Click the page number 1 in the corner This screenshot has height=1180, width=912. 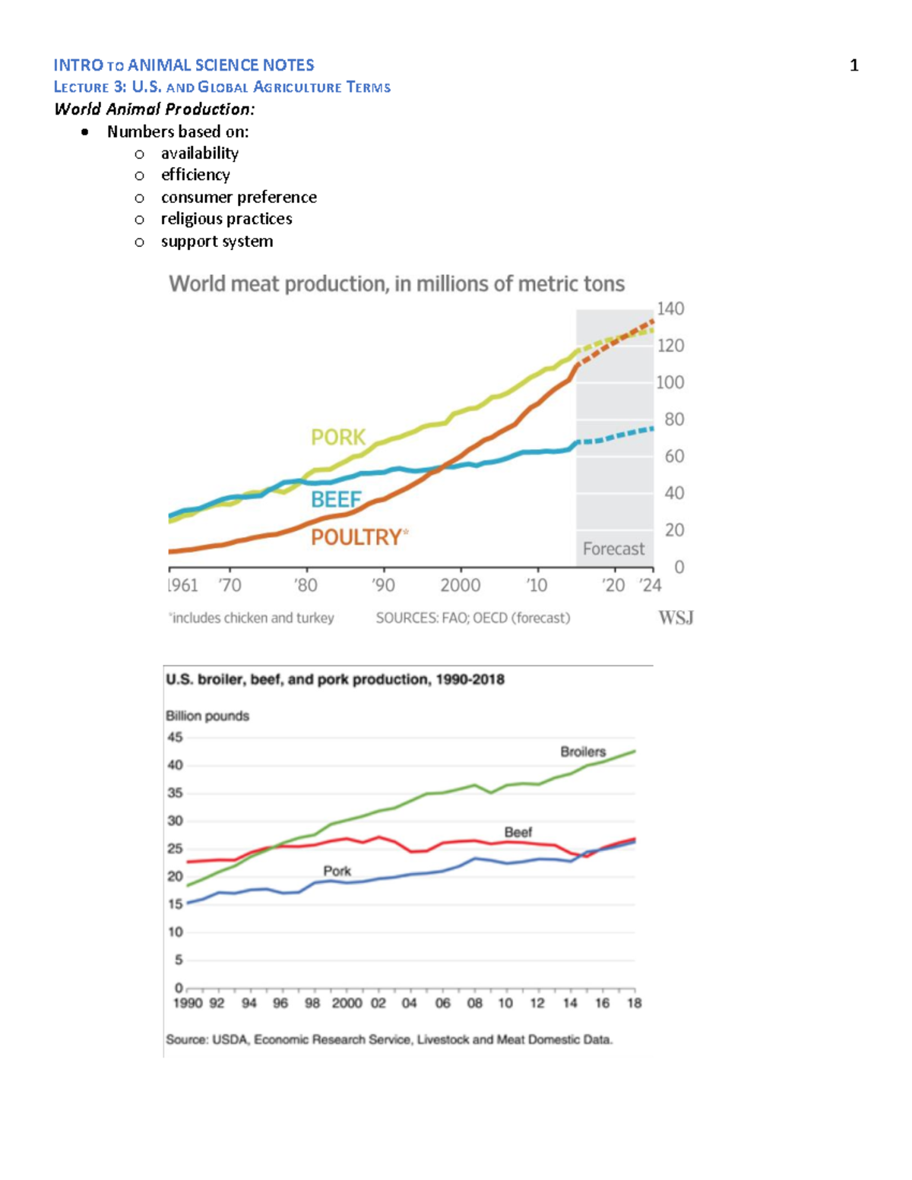pyautogui.click(x=853, y=65)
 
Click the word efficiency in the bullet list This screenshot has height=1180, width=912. pyautogui.click(x=195, y=175)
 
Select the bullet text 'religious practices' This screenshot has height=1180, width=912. pyautogui.click(x=226, y=219)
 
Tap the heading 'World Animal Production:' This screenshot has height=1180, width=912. pyautogui.click(x=154, y=109)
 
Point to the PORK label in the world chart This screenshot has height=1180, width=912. pyautogui.click(x=338, y=437)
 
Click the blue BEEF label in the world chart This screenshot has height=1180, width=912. pyautogui.click(x=336, y=499)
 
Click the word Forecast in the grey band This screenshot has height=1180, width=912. pyautogui.click(x=613, y=549)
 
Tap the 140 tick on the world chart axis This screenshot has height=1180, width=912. pyautogui.click(x=670, y=308)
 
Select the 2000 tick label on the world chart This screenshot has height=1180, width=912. pyautogui.click(x=460, y=585)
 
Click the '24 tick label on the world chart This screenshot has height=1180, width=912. pyautogui.click(x=650, y=585)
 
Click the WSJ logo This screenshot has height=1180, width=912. pyautogui.click(x=676, y=618)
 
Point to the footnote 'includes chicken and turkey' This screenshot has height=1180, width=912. pyautogui.click(x=252, y=618)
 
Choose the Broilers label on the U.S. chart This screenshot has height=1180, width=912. pyautogui.click(x=583, y=751)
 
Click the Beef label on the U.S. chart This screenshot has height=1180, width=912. pyautogui.click(x=518, y=832)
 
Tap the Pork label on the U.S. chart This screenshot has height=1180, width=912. pyautogui.click(x=337, y=871)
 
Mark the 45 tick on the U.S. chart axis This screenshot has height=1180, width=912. pyautogui.click(x=175, y=737)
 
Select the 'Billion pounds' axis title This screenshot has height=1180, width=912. pyautogui.click(x=207, y=716)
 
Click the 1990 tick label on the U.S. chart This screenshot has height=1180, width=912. pyautogui.click(x=187, y=1003)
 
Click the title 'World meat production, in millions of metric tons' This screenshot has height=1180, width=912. pyautogui.click(x=397, y=284)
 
